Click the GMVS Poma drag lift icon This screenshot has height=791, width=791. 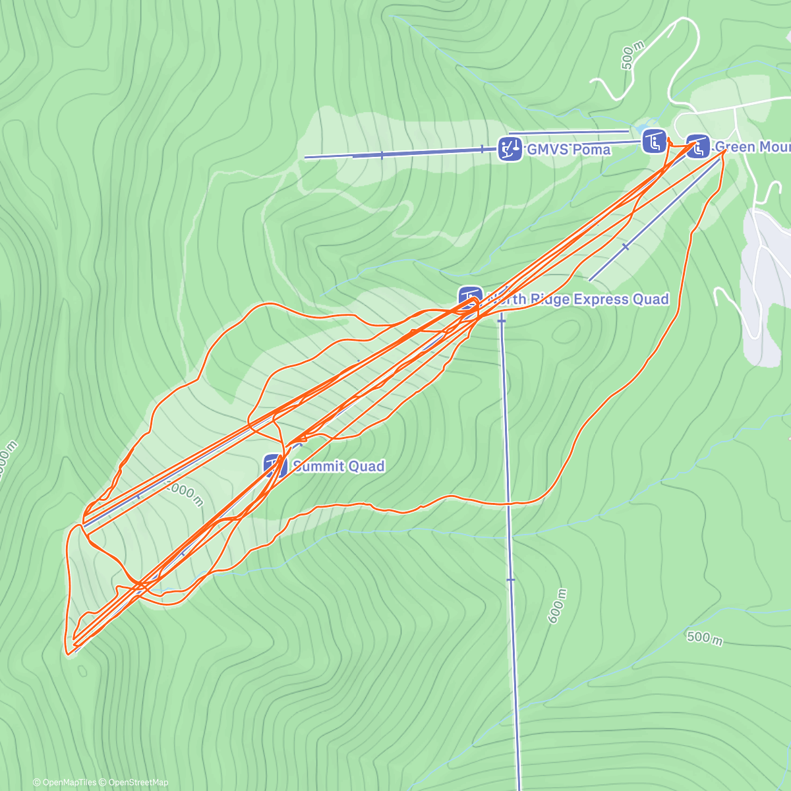[509, 149]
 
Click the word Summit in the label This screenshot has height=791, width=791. [319, 466]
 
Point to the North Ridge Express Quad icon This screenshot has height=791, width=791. [471, 298]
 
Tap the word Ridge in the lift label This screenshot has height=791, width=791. [547, 299]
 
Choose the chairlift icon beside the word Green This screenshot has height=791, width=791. [697, 146]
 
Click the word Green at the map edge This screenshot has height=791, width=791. [735, 146]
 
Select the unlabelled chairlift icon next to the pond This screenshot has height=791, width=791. [655, 141]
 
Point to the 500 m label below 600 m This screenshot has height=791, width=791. [705, 637]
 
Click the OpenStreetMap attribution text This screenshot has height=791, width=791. [138, 782]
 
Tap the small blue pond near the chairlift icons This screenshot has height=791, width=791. [641, 127]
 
